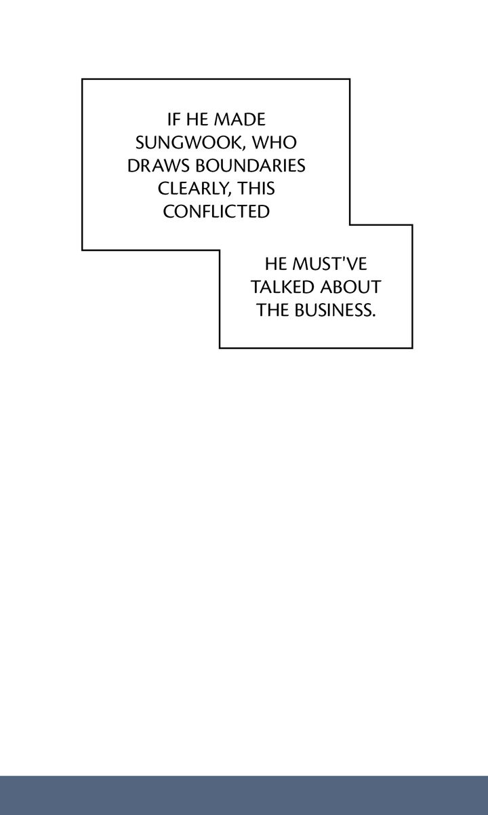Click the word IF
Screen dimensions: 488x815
click(x=174, y=120)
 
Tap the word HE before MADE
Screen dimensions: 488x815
click(x=197, y=120)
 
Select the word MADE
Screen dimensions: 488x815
click(x=240, y=120)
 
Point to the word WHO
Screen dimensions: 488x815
click(x=274, y=142)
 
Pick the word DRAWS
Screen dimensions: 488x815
click(x=159, y=165)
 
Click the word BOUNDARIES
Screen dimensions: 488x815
click(x=251, y=165)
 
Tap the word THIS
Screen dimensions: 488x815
click(x=257, y=188)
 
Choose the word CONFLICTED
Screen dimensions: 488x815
click(x=216, y=212)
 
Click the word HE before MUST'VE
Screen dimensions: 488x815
click(x=276, y=264)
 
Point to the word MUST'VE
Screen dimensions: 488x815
click(x=330, y=264)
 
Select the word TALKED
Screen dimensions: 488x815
click(x=282, y=287)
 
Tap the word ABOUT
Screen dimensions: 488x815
click(x=350, y=287)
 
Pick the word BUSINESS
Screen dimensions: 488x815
click(x=333, y=310)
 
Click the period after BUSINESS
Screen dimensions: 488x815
click(x=373, y=315)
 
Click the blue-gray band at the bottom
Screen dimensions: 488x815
click(x=244, y=796)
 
